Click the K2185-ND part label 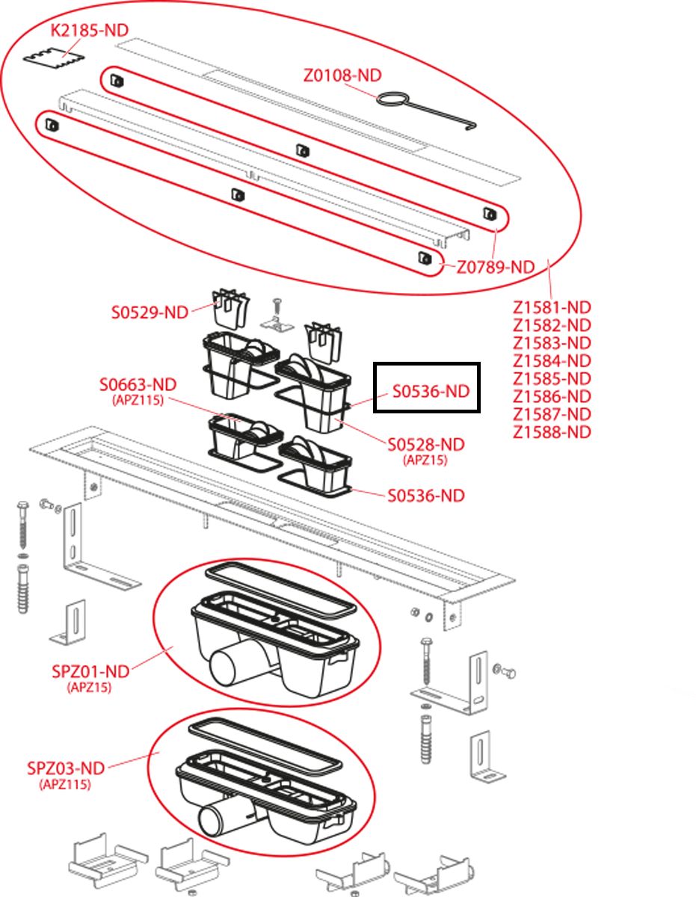coord(90,30)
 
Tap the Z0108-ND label coord(342,75)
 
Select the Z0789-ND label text coord(496,268)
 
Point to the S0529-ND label coord(150,312)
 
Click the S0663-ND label coord(138,385)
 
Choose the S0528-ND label coord(426,445)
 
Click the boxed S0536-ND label coord(431,392)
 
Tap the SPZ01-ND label coord(90,671)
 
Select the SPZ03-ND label coord(66,768)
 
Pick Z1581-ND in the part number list coord(552,307)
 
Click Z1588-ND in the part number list coord(552,432)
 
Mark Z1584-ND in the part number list coord(552,361)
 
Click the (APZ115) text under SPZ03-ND coord(65,784)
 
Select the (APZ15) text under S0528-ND coord(425,460)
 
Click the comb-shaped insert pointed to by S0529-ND coord(231,309)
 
